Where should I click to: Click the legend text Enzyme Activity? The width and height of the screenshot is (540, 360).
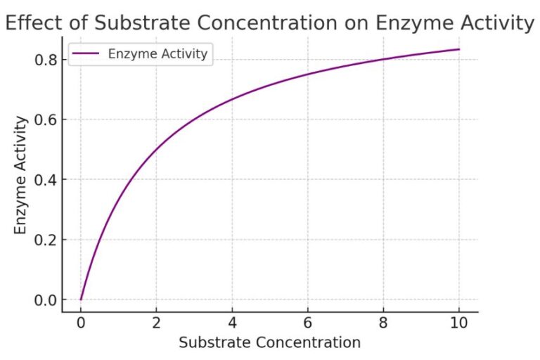[157, 54]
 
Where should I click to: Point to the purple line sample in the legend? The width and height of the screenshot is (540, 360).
[85, 54]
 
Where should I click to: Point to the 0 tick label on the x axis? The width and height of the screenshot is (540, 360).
[81, 324]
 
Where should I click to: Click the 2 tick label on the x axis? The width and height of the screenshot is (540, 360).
[157, 324]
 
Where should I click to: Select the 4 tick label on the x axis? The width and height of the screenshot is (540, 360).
[232, 324]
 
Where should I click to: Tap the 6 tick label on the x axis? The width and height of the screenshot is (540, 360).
[308, 324]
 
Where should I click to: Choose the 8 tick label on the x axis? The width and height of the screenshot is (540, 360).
[383, 324]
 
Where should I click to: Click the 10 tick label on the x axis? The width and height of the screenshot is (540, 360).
[459, 324]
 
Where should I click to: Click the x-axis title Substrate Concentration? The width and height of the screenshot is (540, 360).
[269, 343]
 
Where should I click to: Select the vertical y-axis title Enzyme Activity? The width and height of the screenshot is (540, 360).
[20, 176]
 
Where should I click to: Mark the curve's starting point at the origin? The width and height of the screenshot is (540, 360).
[81, 300]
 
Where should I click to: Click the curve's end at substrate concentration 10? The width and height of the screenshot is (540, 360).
[459, 49]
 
